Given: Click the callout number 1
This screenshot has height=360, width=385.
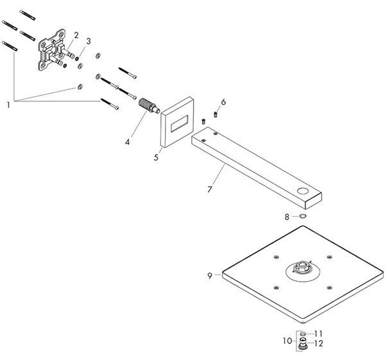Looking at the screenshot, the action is coord(8,105).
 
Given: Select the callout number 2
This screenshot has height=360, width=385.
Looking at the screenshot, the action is coord(76,35).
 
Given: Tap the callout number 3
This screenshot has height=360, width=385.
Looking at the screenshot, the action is coord(88,41).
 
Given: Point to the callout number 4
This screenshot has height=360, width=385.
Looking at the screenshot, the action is coord(127,142).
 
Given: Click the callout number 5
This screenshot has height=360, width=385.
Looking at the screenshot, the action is coord(156,157).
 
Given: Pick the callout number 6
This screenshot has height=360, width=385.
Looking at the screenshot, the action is coord(223,102).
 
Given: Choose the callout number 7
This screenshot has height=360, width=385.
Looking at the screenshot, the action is coord(209,189).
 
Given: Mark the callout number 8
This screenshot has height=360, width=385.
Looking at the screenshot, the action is coord(287,217).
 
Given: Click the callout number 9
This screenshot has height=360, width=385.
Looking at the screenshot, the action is coord(209,276).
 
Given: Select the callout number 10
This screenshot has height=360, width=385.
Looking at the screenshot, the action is coord(287,341).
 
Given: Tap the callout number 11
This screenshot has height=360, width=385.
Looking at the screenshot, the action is coord(318,334).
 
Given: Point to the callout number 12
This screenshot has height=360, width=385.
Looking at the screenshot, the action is coord(318,343).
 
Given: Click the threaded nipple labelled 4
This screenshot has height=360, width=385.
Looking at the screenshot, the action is coord(149,107).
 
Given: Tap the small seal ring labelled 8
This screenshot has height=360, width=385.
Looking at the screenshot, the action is coord(303,216).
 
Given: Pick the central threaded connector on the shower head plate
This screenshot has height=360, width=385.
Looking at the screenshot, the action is coord(302,267).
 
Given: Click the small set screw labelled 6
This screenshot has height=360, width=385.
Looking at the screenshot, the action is coord(216,114).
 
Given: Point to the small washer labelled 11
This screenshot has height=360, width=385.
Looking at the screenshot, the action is coord(303,334).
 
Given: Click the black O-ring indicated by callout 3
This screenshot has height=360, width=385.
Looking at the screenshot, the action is coord(77,58).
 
